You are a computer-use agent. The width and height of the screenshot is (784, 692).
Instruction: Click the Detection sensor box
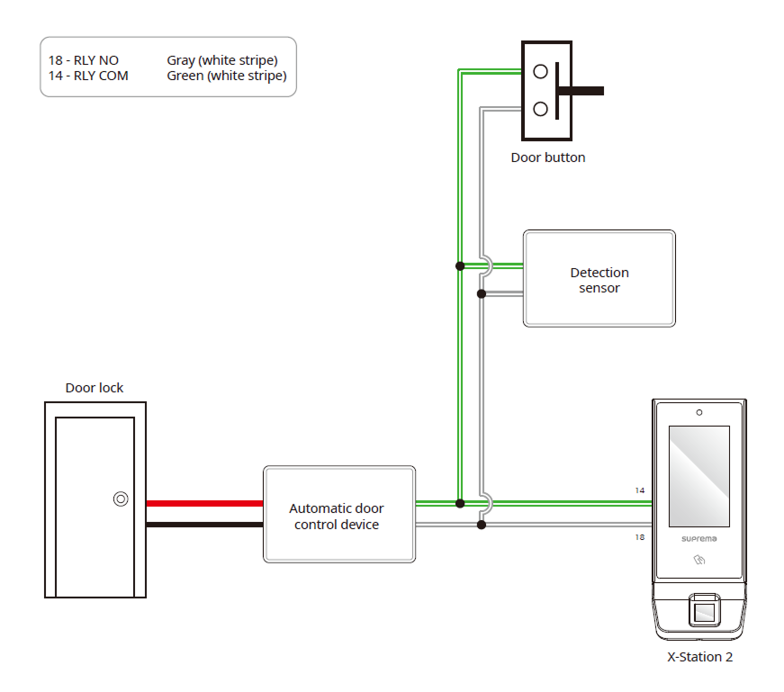coord(599,279)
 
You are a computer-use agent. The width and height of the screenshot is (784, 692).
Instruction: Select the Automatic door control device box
coord(338,515)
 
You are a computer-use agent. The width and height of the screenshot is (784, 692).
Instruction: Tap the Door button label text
coord(547,157)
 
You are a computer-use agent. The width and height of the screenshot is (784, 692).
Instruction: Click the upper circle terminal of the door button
coord(540,71)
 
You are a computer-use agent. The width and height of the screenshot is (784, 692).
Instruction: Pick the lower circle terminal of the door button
coord(540,109)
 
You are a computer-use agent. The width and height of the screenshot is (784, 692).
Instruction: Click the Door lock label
coord(95,388)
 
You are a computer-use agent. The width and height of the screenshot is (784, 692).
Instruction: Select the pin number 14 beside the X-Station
coord(639,490)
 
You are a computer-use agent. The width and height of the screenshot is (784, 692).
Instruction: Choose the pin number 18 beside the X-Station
coord(639,536)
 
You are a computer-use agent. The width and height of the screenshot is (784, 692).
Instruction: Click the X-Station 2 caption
coord(699,657)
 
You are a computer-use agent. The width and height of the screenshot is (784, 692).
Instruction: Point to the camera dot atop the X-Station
coord(699,412)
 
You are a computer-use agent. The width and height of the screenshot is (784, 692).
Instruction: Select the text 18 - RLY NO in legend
coord(84,60)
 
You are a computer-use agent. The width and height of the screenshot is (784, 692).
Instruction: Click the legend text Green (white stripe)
coord(226,76)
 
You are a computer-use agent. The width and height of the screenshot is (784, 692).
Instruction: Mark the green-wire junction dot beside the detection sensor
coord(460,265)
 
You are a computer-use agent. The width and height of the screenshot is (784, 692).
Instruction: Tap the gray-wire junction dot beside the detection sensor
coord(482,293)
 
